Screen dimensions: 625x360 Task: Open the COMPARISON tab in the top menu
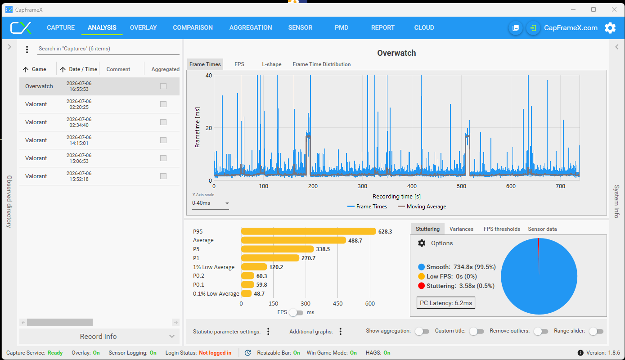(x=193, y=27)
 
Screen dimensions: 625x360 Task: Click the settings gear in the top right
(x=610, y=28)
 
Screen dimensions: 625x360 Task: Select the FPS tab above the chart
(x=239, y=64)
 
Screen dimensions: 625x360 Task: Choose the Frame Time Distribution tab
(x=321, y=64)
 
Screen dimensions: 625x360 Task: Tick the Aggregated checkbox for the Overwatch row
(x=163, y=86)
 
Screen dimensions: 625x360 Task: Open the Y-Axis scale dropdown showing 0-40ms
(x=211, y=203)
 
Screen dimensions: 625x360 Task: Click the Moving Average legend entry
(x=422, y=207)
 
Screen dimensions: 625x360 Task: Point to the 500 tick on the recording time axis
(x=461, y=186)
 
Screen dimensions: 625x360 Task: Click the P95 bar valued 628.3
(x=309, y=231)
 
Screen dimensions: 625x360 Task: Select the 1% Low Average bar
(x=254, y=267)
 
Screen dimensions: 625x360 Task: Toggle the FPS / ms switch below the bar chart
(x=296, y=312)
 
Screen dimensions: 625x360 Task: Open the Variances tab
(x=461, y=229)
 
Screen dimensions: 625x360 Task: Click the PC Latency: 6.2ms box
(x=446, y=303)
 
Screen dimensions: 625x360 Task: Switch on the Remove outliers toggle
(x=541, y=331)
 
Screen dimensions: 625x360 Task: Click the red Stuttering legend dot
(x=421, y=286)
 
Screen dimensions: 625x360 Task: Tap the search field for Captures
(x=108, y=49)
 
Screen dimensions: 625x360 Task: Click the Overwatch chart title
(x=396, y=53)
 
